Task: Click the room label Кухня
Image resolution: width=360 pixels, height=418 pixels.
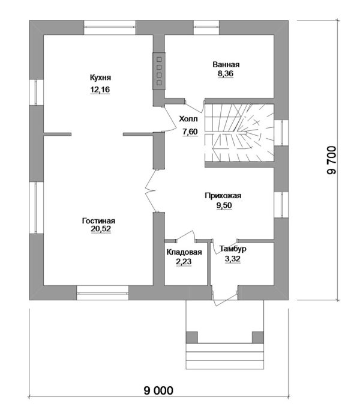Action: (100, 78)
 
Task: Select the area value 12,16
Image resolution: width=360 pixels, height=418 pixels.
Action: (100, 89)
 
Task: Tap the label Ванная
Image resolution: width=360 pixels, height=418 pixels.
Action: (226, 64)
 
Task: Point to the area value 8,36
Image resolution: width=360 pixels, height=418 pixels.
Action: (226, 73)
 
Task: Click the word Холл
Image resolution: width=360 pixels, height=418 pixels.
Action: (188, 119)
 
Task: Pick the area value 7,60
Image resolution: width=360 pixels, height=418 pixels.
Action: (190, 132)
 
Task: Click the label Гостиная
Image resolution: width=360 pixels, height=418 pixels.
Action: (98, 221)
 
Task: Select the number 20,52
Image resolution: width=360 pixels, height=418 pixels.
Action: (101, 229)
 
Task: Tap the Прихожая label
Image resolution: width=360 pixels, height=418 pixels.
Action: (223, 196)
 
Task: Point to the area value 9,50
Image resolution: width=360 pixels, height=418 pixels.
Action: (224, 205)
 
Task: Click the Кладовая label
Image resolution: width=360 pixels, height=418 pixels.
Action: (184, 252)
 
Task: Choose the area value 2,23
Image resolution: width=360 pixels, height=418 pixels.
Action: (184, 262)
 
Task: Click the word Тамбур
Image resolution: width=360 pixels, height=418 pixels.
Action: (233, 249)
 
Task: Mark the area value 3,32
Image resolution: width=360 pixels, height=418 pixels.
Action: (233, 259)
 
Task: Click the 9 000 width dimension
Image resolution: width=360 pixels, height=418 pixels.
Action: (158, 391)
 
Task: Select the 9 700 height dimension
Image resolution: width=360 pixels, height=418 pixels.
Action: (332, 160)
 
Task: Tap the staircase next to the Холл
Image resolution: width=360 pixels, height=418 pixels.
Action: (239, 133)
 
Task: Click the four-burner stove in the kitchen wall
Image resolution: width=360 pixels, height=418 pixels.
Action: (159, 71)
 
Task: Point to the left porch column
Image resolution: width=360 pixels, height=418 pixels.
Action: (192, 338)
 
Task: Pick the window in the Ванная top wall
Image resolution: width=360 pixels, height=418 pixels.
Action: (206, 28)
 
